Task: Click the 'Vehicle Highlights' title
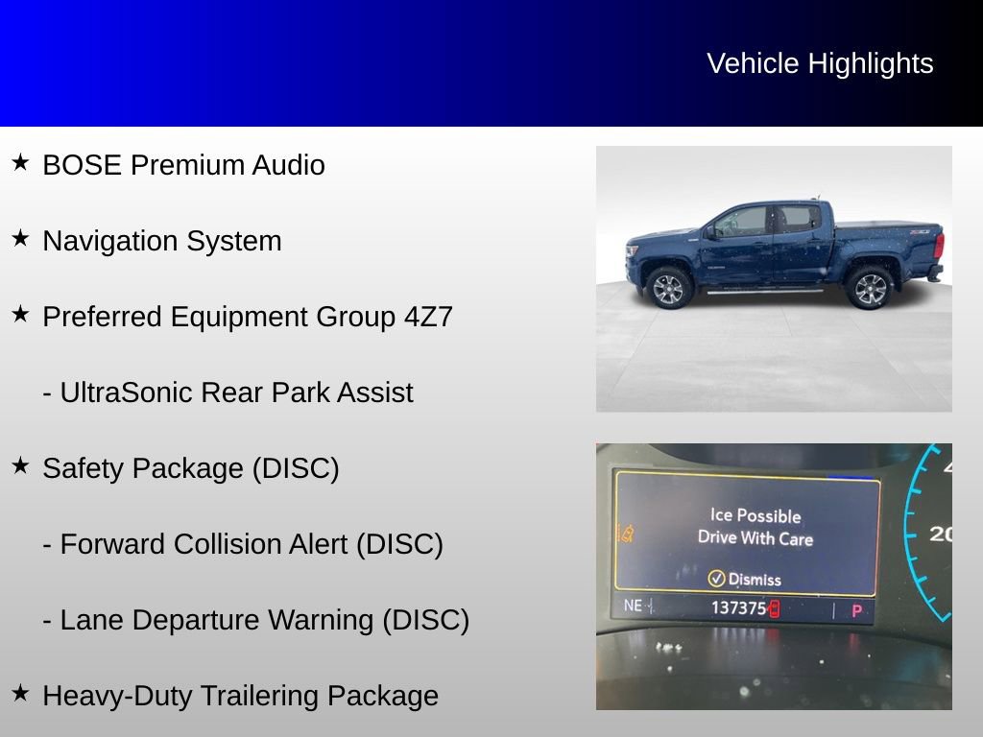click(820, 63)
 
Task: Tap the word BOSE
click(83, 165)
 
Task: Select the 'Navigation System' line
click(162, 241)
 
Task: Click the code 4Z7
click(427, 317)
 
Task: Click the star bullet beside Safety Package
click(20, 466)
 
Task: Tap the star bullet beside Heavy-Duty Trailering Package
click(20, 694)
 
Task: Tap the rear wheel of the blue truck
click(869, 288)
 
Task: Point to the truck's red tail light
click(938, 246)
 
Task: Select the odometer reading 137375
click(738, 608)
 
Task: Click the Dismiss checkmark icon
click(716, 578)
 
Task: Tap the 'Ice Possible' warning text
click(755, 515)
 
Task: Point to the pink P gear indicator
click(856, 610)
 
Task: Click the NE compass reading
click(633, 606)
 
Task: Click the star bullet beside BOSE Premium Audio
click(20, 163)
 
